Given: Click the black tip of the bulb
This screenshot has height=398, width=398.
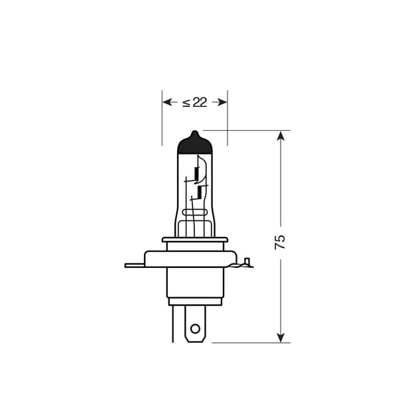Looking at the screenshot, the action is pyautogui.click(x=194, y=143).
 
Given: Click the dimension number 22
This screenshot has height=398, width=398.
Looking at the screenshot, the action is pyautogui.click(x=200, y=102).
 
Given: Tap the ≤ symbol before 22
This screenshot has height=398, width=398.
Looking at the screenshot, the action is pyautogui.click(x=186, y=103).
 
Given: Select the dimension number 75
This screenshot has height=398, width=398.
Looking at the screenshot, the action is pyautogui.click(x=280, y=242).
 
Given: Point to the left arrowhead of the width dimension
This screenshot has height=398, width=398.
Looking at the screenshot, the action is pyautogui.click(x=166, y=102).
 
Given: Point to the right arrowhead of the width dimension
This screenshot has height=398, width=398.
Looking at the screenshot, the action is pyautogui.click(x=223, y=102).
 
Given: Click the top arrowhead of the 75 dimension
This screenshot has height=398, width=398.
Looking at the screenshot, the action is pyautogui.click(x=281, y=136).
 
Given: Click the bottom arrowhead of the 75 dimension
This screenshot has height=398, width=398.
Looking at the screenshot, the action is pyautogui.click(x=281, y=338).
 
